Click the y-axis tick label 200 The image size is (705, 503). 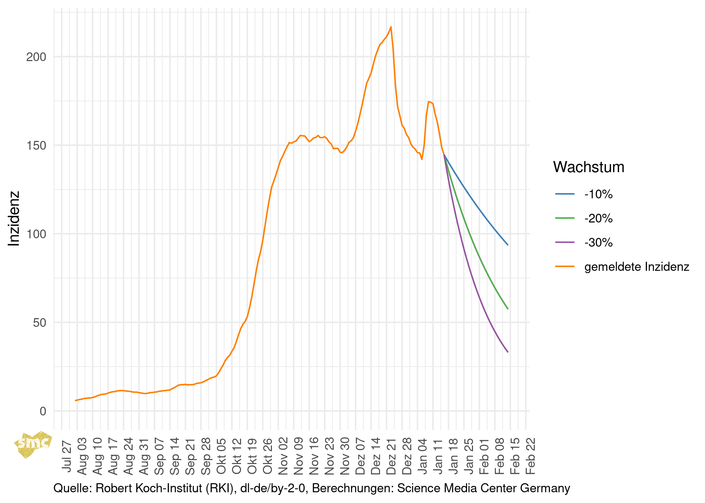click(36, 57)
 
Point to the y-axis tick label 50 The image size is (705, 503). click(39, 323)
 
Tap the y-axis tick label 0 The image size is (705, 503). click(43, 411)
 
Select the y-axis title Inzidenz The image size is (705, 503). click(14, 218)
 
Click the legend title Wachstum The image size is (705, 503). click(589, 167)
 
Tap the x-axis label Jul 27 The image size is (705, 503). click(67, 456)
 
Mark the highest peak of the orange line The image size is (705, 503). click(391, 27)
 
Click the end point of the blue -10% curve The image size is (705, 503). click(508, 245)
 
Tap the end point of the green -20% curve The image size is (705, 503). click(508, 309)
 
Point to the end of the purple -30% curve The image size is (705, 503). click(508, 352)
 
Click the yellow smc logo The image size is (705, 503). click(33, 444)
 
